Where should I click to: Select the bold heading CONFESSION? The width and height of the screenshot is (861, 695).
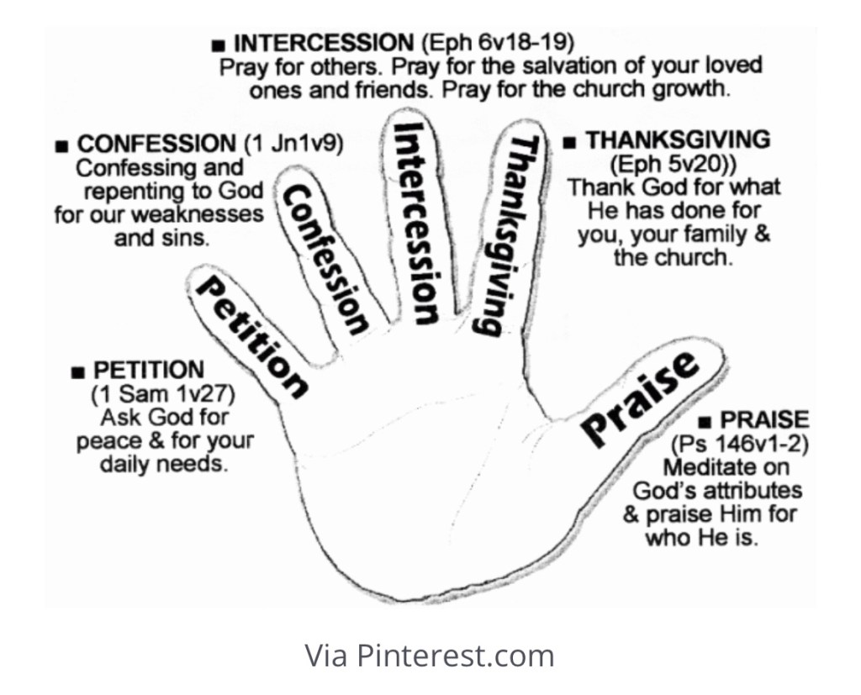click(156, 144)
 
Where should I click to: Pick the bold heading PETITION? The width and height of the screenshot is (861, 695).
click(149, 370)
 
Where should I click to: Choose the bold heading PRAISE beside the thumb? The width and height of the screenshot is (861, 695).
click(765, 419)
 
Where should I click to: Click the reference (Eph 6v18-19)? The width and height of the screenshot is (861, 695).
click(491, 42)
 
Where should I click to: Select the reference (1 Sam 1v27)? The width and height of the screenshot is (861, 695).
click(162, 393)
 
